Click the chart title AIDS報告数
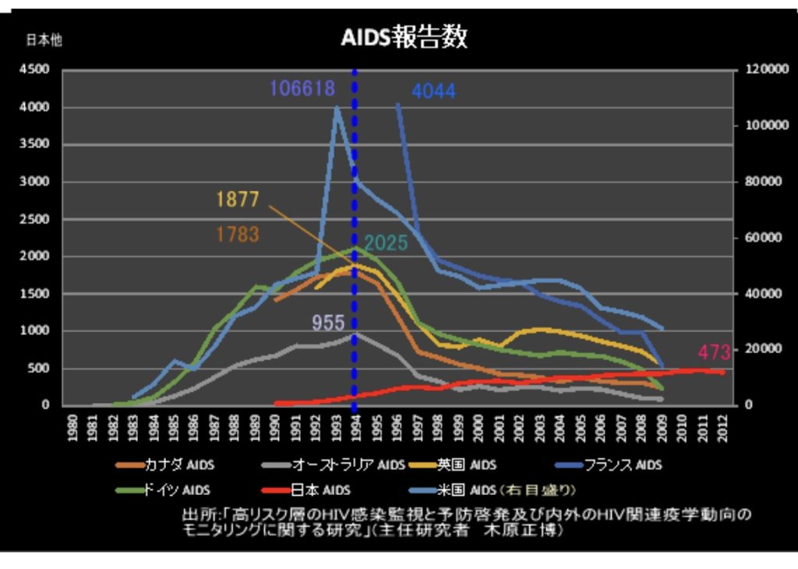click(404, 37)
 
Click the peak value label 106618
click(302, 88)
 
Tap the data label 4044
click(433, 91)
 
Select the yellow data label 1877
click(238, 200)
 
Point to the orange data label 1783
click(238, 234)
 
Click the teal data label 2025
click(386, 243)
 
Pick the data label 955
click(328, 322)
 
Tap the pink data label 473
click(714, 352)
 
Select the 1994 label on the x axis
click(355, 428)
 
